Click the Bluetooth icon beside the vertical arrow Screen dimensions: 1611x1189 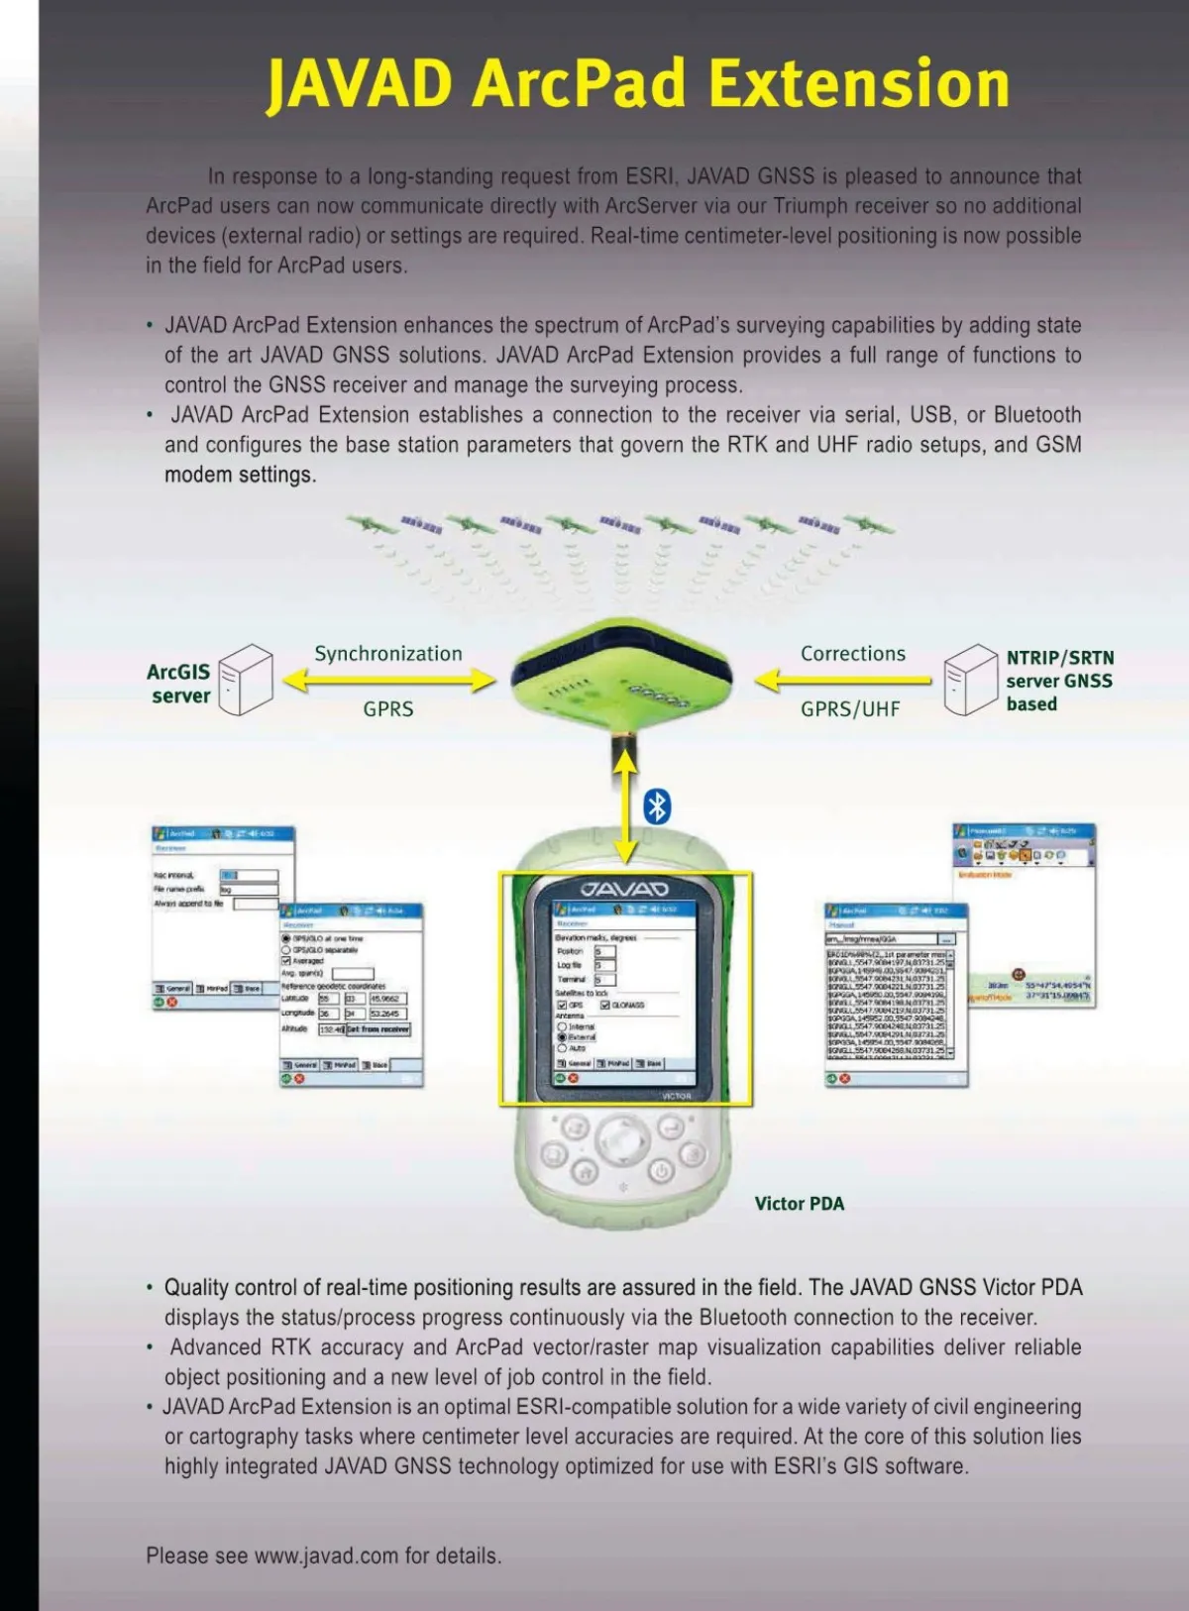click(657, 806)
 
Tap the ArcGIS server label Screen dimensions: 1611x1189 click(179, 684)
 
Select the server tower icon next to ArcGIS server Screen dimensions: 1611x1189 click(245, 679)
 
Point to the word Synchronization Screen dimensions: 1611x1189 click(388, 654)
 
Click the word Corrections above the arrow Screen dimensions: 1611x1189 click(853, 654)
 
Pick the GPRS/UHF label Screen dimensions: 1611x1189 click(850, 709)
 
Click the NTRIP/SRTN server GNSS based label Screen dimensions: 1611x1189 click(1059, 681)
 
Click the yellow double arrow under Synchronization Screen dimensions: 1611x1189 click(388, 680)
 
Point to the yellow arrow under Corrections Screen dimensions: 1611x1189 click(843, 681)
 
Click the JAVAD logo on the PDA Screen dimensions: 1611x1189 click(624, 889)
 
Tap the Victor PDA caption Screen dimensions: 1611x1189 click(800, 1204)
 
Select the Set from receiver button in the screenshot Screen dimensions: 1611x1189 click(378, 1029)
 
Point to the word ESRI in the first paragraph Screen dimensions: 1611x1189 click(649, 176)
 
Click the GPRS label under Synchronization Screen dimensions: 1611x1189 click(388, 709)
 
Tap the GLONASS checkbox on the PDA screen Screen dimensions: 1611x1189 click(604, 1005)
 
